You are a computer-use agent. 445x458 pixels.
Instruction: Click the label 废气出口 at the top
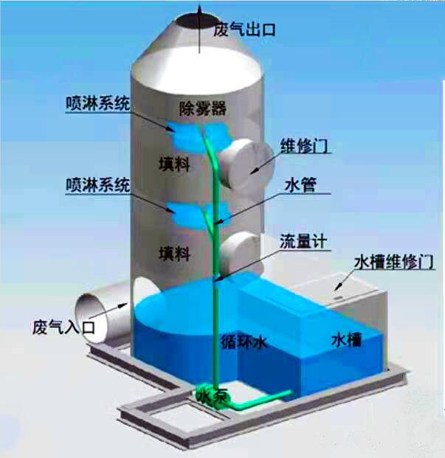point(244,30)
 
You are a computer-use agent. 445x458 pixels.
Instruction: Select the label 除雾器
point(202,108)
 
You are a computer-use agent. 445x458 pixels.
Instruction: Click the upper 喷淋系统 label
point(97,103)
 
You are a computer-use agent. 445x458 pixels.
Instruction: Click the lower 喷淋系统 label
point(97,184)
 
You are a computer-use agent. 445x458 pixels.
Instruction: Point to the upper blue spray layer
point(199,136)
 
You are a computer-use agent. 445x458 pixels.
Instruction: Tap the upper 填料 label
point(174,164)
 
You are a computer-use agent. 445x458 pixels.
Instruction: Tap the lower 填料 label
point(174,253)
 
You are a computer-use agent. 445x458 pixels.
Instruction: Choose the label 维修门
point(304,145)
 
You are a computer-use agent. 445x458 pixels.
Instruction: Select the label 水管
point(300,184)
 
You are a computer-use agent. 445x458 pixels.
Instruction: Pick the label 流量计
point(303,241)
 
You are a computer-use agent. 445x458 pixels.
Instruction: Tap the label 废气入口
point(63,327)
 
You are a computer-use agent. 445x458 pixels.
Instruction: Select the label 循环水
point(244,341)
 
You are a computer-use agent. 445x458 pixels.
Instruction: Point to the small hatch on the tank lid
point(337,297)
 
